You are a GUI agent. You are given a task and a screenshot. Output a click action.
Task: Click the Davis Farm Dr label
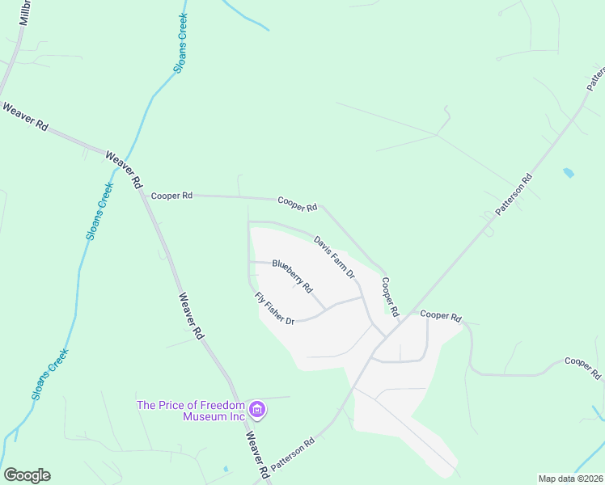[x=335, y=257]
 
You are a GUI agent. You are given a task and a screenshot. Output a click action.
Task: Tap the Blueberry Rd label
[x=292, y=275]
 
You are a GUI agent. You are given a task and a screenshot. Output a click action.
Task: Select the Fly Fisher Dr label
[x=274, y=309]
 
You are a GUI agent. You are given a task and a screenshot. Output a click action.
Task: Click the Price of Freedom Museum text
[x=191, y=411]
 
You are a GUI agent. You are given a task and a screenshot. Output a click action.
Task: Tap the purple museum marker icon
[x=258, y=411]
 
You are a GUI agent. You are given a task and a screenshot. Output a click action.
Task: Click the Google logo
[x=27, y=475]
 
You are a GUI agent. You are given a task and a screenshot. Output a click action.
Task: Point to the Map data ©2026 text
[x=570, y=479]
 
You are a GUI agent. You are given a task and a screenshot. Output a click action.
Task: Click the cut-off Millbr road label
[x=23, y=13]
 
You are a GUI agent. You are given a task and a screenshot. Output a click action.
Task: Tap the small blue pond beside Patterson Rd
[x=569, y=173]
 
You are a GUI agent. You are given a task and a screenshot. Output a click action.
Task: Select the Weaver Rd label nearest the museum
[x=257, y=453]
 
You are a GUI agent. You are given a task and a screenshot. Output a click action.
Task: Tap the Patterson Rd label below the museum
[x=292, y=454]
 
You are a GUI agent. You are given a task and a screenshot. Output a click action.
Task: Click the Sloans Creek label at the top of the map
[x=181, y=44]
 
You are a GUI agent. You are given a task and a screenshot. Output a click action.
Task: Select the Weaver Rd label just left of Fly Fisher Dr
[x=192, y=314]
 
